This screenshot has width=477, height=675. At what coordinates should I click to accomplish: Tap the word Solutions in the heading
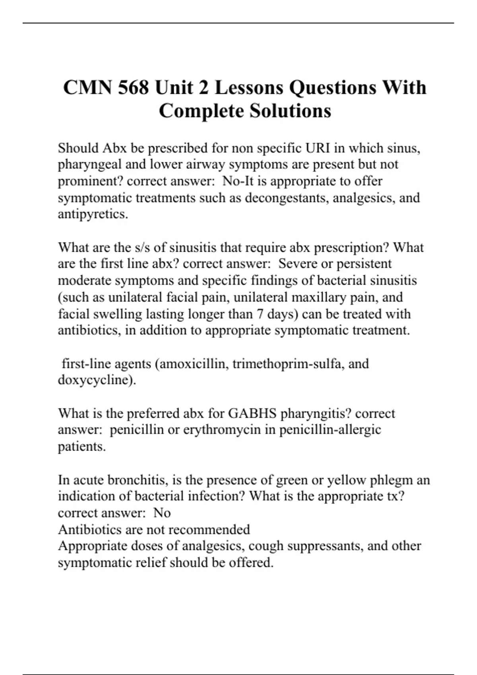coord(290,111)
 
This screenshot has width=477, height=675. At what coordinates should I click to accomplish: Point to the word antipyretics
coord(93,214)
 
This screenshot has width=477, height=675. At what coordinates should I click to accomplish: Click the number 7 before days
coord(260,314)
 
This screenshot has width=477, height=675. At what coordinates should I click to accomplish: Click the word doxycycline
coord(95,380)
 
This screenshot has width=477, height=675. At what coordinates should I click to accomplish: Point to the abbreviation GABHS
coord(252,414)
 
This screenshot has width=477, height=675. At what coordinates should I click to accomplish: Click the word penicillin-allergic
coord(330,430)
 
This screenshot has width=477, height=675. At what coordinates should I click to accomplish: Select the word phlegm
coord(391,480)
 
